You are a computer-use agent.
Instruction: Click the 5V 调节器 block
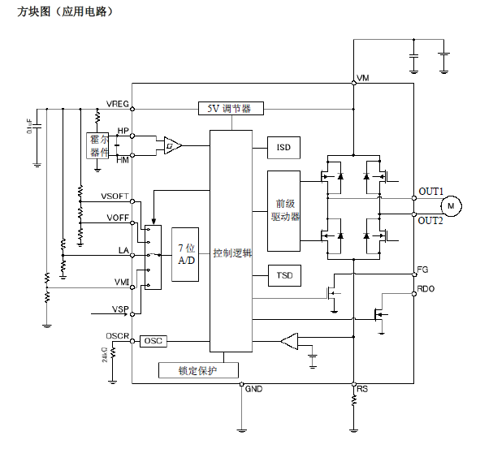click(x=230, y=108)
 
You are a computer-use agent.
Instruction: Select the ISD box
click(x=283, y=147)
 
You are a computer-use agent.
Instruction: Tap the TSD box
click(x=284, y=276)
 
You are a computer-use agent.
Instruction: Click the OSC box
click(x=154, y=341)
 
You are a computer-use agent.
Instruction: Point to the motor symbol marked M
click(x=453, y=206)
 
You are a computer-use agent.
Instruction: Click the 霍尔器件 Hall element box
click(x=99, y=146)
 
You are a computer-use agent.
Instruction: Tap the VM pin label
click(x=363, y=78)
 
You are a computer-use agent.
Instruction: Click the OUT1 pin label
click(x=430, y=192)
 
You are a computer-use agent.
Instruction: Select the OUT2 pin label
click(x=430, y=221)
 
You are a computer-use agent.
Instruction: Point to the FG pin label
click(x=422, y=269)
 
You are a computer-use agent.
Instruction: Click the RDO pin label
click(x=426, y=288)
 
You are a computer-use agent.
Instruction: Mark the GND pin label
click(x=254, y=389)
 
